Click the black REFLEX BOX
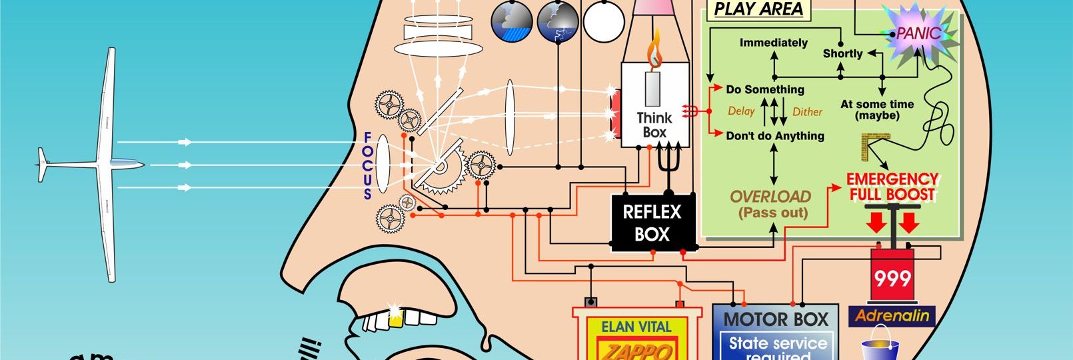(652, 223)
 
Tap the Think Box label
(654, 125)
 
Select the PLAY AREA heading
(758, 9)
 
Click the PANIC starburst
(918, 33)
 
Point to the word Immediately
(773, 43)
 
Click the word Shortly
(842, 53)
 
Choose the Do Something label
(765, 89)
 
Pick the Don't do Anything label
(774, 136)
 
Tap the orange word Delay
(741, 111)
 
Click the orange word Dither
(807, 112)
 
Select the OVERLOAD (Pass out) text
(771, 205)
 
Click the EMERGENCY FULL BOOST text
(892, 187)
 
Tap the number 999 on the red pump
(892, 278)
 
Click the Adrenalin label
(892, 315)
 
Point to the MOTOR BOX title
(776, 319)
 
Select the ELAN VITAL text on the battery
(636, 327)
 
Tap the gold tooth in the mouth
(396, 319)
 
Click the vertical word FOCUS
(367, 166)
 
